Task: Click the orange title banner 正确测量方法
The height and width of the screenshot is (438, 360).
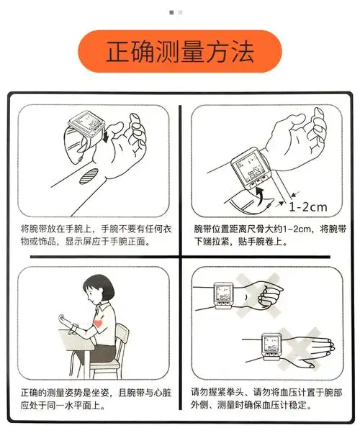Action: (x=179, y=51)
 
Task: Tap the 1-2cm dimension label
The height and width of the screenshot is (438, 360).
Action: (x=307, y=207)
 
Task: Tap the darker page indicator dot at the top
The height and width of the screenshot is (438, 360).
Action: (x=171, y=12)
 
